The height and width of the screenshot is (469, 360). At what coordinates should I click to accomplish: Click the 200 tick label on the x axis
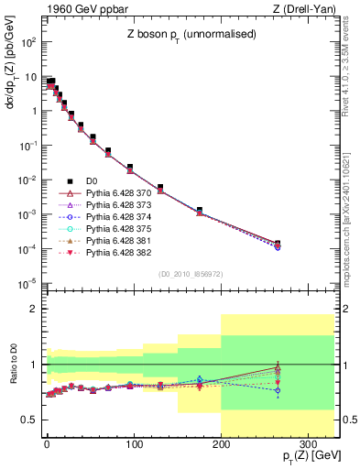pos(221,444)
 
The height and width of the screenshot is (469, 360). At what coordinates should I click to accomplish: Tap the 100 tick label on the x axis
pos(134,444)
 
